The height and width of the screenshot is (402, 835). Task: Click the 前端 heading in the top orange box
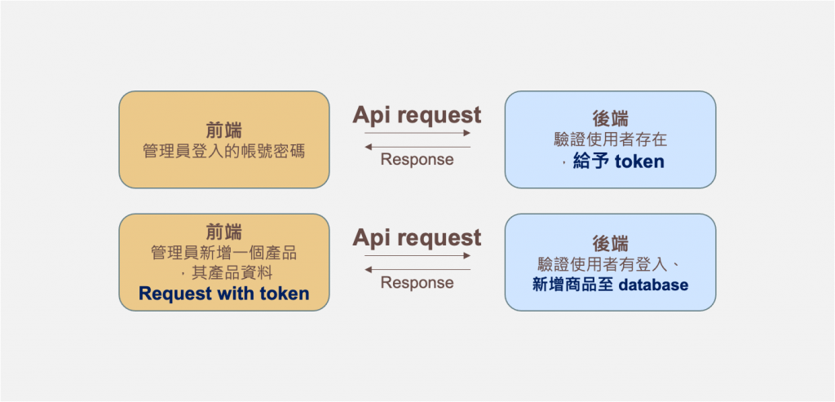pyautogui.click(x=223, y=130)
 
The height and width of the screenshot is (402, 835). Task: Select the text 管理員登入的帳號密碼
pyautogui.click(x=223, y=152)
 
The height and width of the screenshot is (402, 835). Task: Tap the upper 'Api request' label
pyautogui.click(x=417, y=115)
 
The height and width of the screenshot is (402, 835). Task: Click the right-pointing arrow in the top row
pyautogui.click(x=417, y=133)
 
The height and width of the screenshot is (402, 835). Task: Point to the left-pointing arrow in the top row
pyautogui.click(x=417, y=147)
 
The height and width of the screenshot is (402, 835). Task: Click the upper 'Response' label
pyautogui.click(x=417, y=160)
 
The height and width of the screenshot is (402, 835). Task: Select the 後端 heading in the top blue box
pyautogui.click(x=610, y=119)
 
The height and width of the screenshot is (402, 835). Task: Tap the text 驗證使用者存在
pyautogui.click(x=610, y=139)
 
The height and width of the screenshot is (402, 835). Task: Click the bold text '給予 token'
pyautogui.click(x=618, y=161)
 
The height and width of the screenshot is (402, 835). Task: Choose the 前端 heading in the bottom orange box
pyautogui.click(x=223, y=232)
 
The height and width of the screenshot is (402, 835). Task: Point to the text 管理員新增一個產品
pyautogui.click(x=223, y=253)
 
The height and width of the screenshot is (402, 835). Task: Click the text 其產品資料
pyautogui.click(x=229, y=273)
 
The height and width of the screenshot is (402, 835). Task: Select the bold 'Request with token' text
pyautogui.click(x=223, y=294)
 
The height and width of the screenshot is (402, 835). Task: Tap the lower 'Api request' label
pyautogui.click(x=417, y=238)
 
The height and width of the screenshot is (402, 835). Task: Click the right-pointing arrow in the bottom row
pyautogui.click(x=417, y=256)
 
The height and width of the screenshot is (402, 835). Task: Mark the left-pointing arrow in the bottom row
pyautogui.click(x=417, y=269)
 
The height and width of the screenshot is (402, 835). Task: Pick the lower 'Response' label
pyautogui.click(x=417, y=283)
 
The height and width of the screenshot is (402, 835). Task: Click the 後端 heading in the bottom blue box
pyautogui.click(x=610, y=243)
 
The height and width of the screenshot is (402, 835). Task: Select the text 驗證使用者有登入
pyautogui.click(x=604, y=263)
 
